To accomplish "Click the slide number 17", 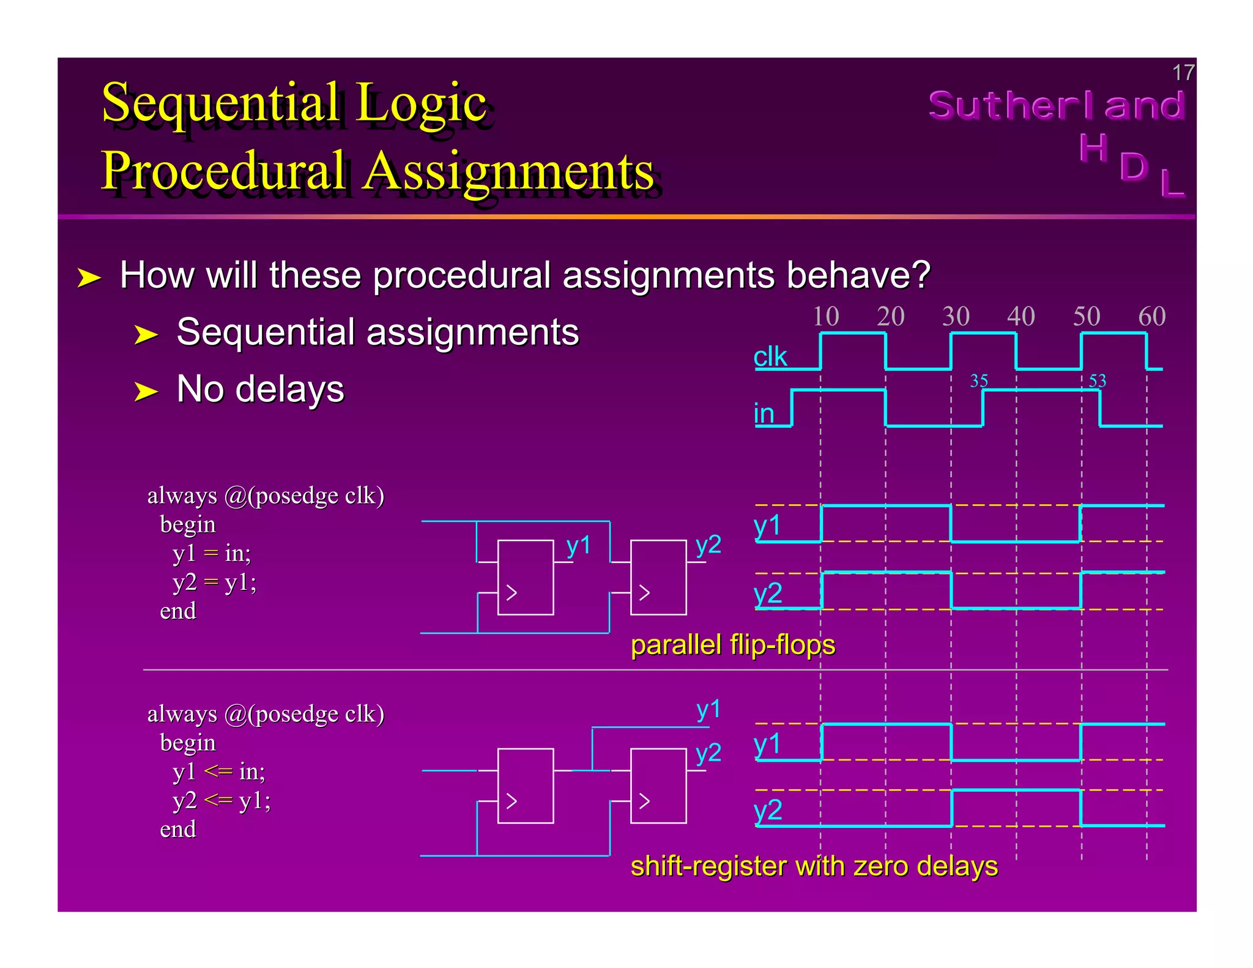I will (x=1182, y=73).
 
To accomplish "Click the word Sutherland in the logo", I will (x=1056, y=105).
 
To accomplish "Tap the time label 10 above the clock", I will (x=825, y=316).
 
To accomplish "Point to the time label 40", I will (x=1021, y=316).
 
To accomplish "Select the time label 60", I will (x=1151, y=316).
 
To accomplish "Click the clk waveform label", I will (x=770, y=357).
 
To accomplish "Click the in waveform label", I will (x=764, y=414).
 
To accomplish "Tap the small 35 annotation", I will (x=979, y=381).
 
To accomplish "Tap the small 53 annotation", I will (x=1097, y=381).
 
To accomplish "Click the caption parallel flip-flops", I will (x=732, y=645).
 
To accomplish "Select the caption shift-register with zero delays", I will (x=814, y=866).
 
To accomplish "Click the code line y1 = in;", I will (x=212, y=553).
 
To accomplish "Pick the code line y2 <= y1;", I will (x=221, y=800).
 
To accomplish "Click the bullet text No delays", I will (x=260, y=389).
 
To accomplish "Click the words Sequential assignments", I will (x=377, y=332).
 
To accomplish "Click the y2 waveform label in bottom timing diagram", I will (x=768, y=810).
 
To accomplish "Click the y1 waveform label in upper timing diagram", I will (x=767, y=526).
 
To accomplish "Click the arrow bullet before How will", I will (x=89, y=278).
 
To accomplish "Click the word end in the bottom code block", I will (x=178, y=830).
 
